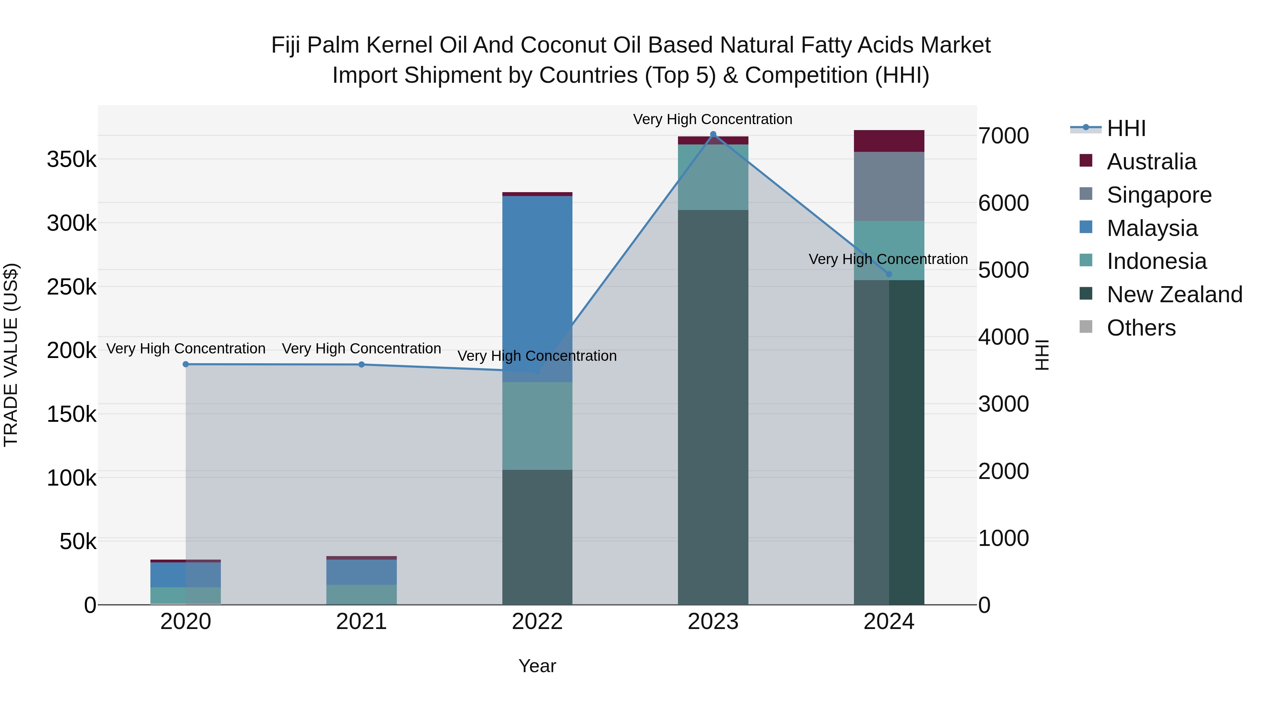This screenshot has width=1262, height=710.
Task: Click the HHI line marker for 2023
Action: point(713,134)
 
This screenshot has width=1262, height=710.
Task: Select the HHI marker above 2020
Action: point(186,364)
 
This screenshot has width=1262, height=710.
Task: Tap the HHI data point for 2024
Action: point(889,274)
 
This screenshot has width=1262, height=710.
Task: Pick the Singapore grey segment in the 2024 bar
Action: point(889,186)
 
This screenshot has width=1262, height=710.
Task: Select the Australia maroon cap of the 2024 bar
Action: point(889,141)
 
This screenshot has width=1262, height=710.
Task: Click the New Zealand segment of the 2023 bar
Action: point(713,407)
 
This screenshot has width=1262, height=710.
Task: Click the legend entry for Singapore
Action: point(1159,195)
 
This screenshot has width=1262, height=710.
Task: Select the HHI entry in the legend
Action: point(1126,128)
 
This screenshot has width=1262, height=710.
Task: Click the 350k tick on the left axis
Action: point(72,160)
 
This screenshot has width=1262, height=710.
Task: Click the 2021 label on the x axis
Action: point(361,622)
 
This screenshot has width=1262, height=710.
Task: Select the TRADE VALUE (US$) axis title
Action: point(11,355)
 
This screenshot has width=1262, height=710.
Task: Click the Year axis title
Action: point(537,666)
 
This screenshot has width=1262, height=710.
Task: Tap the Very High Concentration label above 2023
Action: point(712,119)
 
